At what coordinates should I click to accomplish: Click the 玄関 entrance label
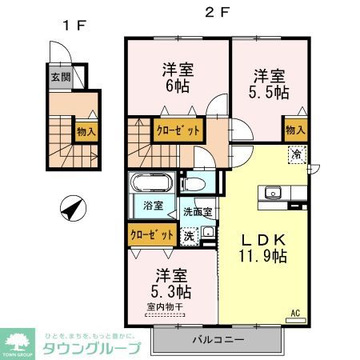point(62,78)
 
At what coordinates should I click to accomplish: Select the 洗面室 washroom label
point(197,213)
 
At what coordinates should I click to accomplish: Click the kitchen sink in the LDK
point(271,193)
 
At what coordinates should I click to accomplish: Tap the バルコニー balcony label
point(217,340)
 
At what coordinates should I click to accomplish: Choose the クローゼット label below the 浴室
point(152,235)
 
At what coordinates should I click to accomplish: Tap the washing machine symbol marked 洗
point(188,236)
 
